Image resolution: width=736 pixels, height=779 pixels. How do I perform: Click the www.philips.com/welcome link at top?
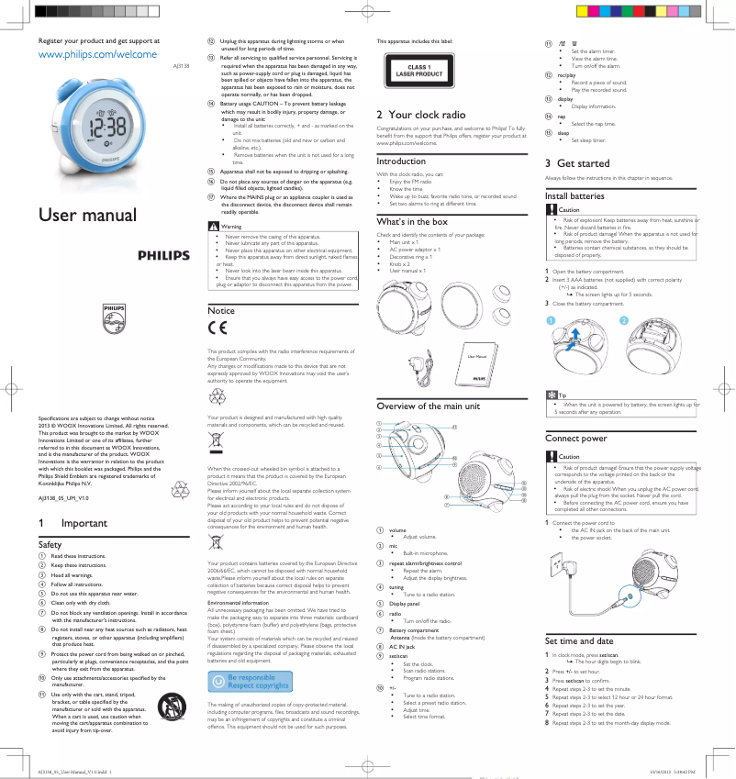click(x=97, y=55)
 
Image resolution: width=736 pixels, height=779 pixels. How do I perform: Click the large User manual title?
click(x=86, y=216)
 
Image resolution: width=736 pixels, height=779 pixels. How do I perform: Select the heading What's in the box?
click(x=412, y=222)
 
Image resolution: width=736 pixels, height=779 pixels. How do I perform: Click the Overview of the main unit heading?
click(x=429, y=406)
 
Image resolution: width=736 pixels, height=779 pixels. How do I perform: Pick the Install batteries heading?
click(x=574, y=196)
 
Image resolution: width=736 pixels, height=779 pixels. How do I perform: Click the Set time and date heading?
click(x=579, y=641)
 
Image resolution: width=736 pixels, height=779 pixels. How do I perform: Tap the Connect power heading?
click(x=575, y=439)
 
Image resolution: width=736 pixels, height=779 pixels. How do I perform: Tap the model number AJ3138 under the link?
click(x=183, y=67)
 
